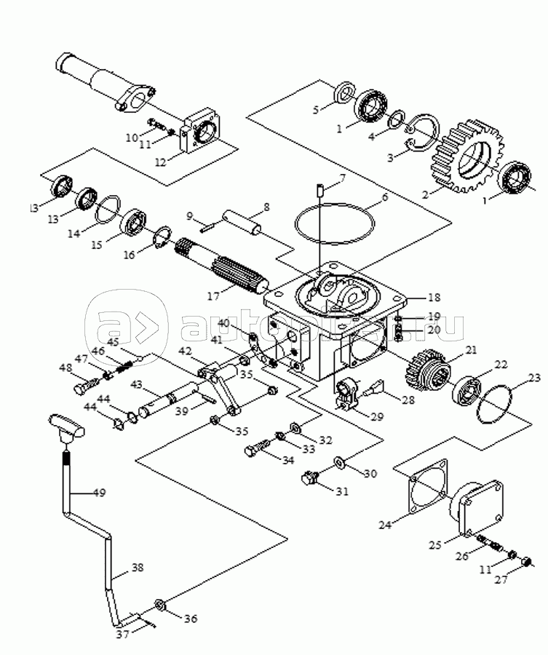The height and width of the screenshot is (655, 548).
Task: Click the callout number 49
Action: (x=99, y=493)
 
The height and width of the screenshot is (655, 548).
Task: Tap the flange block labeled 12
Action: (x=201, y=135)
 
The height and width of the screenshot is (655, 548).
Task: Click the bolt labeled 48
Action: (x=86, y=385)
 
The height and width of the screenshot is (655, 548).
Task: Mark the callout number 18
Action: (x=434, y=298)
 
